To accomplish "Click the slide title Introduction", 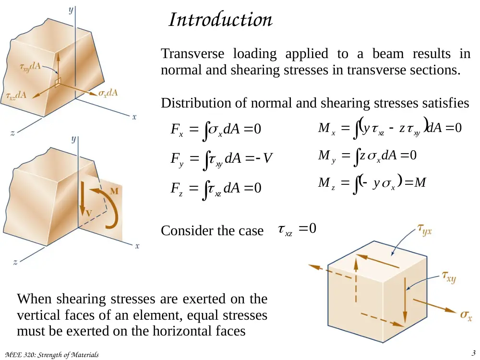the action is pos(220,20).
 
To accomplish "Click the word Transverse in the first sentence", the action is pos(192,54).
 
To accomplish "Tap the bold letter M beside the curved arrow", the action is pos(114,191).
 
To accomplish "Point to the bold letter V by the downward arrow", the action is pos(89,213).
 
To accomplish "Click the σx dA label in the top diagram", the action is pos(108,93).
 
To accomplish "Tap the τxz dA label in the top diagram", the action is pos(16,96).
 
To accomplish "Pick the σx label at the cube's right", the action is pos(466,315).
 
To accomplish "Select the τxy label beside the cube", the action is pos(449,277).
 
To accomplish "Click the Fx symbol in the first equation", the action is pos(177,130).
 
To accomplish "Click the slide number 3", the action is pos(474,353).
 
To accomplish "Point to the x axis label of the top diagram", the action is pos(134,117).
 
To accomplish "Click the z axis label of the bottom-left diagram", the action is pos(15,262).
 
